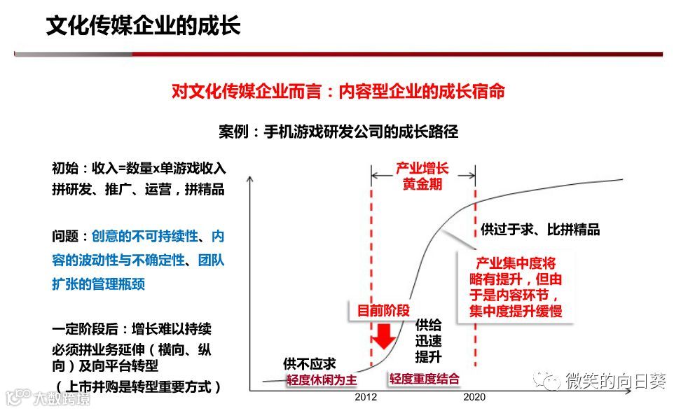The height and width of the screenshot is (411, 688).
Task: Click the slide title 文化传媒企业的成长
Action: point(143,27)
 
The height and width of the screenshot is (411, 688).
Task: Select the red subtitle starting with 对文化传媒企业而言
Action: point(338,92)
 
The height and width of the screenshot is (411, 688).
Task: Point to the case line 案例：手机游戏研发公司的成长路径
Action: point(338,131)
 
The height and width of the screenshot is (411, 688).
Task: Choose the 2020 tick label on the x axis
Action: point(474,397)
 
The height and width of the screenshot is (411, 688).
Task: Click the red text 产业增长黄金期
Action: point(422,176)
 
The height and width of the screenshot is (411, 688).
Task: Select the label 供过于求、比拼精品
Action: point(539,230)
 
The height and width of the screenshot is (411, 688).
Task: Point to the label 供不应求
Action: point(309,364)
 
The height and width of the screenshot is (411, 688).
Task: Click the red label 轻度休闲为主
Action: point(322,379)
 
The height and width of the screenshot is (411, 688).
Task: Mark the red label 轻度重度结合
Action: point(425,379)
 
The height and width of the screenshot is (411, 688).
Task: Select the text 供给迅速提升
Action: point(428,341)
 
